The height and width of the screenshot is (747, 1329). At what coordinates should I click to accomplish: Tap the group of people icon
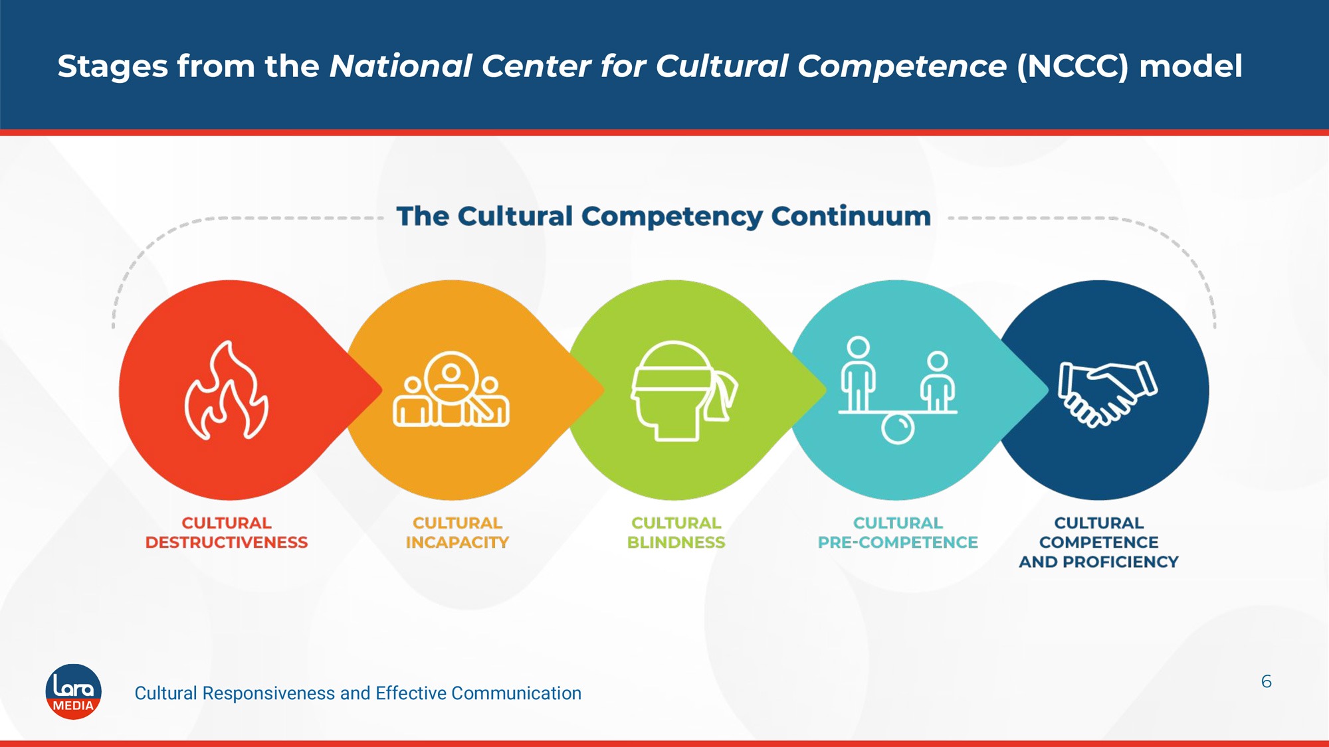(x=451, y=389)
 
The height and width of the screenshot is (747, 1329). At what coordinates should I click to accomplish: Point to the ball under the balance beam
(x=898, y=428)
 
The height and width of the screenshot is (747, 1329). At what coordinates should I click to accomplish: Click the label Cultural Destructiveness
(x=227, y=533)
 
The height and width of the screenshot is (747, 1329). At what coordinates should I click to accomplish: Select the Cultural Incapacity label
(x=457, y=533)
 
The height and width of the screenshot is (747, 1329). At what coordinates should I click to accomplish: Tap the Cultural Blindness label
(x=676, y=533)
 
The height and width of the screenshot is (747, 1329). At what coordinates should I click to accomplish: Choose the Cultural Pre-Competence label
(x=898, y=533)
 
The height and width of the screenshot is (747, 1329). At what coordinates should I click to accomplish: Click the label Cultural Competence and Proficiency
(x=1099, y=542)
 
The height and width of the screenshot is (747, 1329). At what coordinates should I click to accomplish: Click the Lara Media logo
(x=73, y=692)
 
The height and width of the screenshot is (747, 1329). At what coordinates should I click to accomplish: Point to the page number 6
(x=1267, y=681)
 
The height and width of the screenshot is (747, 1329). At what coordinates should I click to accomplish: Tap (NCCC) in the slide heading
(x=1073, y=66)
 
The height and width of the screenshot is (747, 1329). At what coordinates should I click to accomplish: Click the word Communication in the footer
(x=516, y=693)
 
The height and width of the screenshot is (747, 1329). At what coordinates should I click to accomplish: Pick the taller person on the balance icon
(x=858, y=374)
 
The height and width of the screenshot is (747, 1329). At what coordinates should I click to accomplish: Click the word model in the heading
(x=1191, y=66)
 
